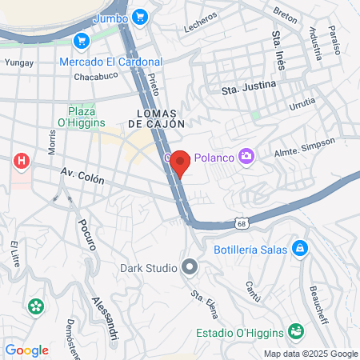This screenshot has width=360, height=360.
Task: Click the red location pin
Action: (180, 162)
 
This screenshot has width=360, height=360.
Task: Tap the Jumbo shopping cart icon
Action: (140, 17)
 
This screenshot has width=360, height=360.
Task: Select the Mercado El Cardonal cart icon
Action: (80, 41)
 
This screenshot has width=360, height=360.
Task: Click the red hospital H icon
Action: (22, 162)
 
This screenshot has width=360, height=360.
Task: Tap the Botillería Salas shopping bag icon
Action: (299, 248)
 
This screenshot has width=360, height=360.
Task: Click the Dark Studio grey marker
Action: (190, 266)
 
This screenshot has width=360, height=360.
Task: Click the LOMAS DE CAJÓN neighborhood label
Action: (156, 118)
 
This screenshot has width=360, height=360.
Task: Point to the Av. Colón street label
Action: (82, 177)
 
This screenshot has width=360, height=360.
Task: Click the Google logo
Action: (26, 350)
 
